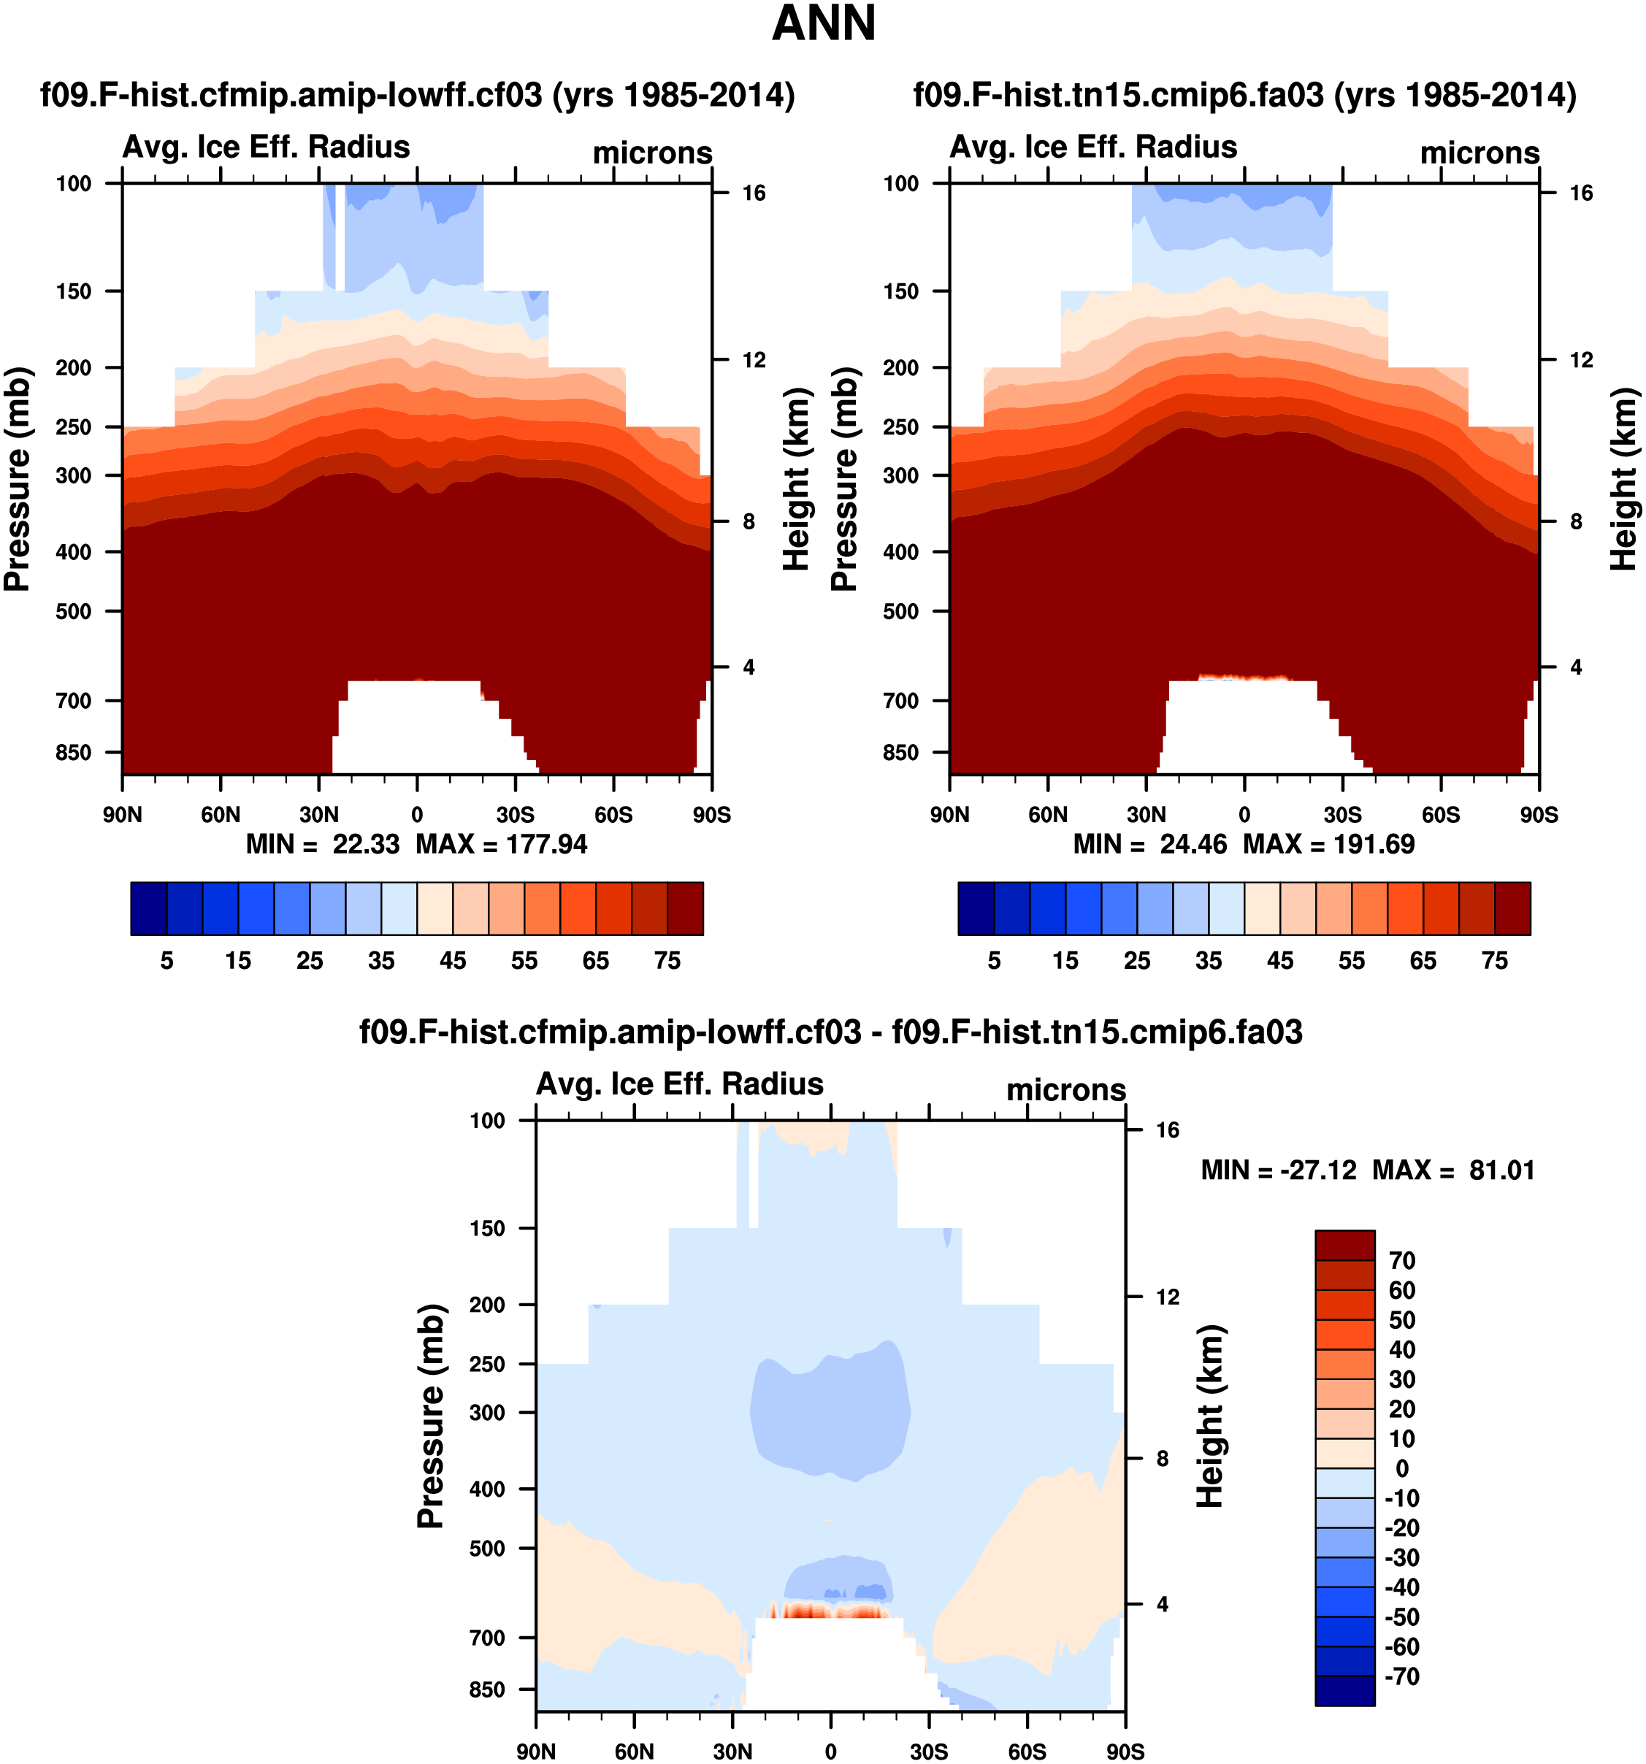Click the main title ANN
pyautogui.click(x=824, y=24)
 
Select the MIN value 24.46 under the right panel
pyautogui.click(x=1193, y=844)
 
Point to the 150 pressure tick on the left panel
pyautogui.click(x=74, y=292)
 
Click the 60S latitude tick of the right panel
pyautogui.click(x=1441, y=815)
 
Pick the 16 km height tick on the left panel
pyautogui.click(x=754, y=193)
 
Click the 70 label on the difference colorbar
pyautogui.click(x=1402, y=1261)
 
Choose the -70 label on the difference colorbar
pyautogui.click(x=1402, y=1676)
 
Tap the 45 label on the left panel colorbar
pyautogui.click(x=453, y=961)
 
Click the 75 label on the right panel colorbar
pyautogui.click(x=1494, y=961)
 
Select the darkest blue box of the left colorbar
pyautogui.click(x=149, y=908)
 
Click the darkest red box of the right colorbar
pyautogui.click(x=1512, y=908)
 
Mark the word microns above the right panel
pyautogui.click(x=1480, y=153)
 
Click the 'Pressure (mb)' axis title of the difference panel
pyautogui.click(x=430, y=1416)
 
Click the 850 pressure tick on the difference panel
pyautogui.click(x=487, y=1690)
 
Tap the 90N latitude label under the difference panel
pyautogui.click(x=536, y=1752)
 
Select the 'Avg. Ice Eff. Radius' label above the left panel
pyautogui.click(x=267, y=147)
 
